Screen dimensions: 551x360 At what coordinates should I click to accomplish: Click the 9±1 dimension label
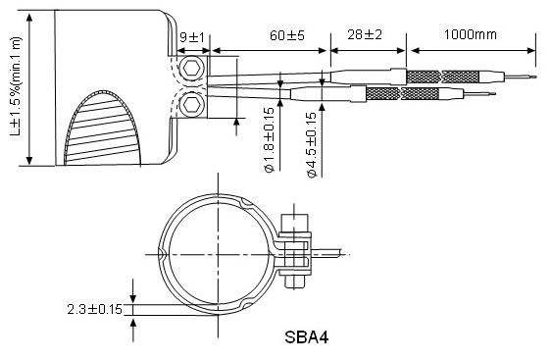[192, 37]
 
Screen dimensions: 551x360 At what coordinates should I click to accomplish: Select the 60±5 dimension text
[287, 35]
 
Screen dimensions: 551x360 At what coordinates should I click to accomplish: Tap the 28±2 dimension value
[365, 34]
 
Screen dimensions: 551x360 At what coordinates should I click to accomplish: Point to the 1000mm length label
[471, 34]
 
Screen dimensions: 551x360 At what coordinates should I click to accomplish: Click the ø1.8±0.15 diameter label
[270, 140]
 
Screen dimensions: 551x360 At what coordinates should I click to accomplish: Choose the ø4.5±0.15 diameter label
[312, 144]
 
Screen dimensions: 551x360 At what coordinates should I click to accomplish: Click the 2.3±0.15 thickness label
[94, 309]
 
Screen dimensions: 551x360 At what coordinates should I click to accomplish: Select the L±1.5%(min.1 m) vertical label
[16, 87]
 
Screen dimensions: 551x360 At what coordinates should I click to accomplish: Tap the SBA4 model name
[307, 337]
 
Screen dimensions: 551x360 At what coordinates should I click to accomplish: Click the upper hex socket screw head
[191, 69]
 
